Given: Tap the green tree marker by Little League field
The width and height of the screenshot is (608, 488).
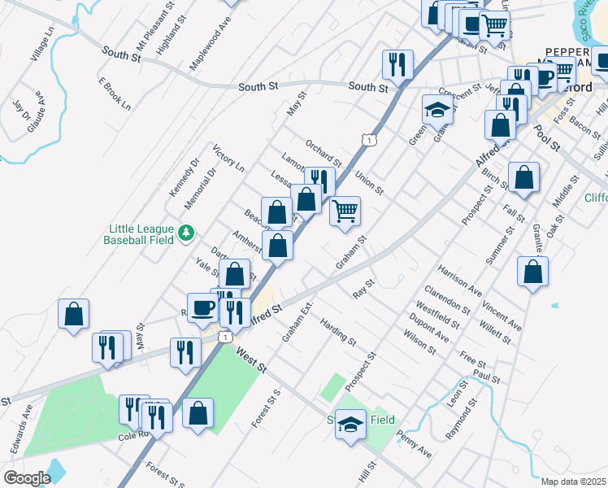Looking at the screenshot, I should click(187, 233).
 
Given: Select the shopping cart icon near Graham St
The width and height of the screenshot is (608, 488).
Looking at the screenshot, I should click(345, 211).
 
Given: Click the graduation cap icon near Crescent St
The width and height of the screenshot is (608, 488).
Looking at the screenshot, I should click(437, 109).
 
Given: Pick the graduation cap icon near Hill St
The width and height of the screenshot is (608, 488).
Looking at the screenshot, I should click(351, 425).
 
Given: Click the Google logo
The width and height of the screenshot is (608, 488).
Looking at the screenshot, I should click(27, 478).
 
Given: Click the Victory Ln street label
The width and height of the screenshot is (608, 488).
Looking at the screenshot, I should click(228, 159).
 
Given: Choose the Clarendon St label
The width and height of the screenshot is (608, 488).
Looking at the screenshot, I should click(453, 299).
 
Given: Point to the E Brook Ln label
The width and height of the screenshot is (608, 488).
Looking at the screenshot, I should click(114, 94).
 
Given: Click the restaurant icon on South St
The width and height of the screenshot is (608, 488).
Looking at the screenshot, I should click(397, 63).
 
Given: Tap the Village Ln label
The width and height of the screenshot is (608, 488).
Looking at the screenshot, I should click(41, 45).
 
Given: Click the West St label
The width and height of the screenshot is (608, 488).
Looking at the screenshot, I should click(251, 360).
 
